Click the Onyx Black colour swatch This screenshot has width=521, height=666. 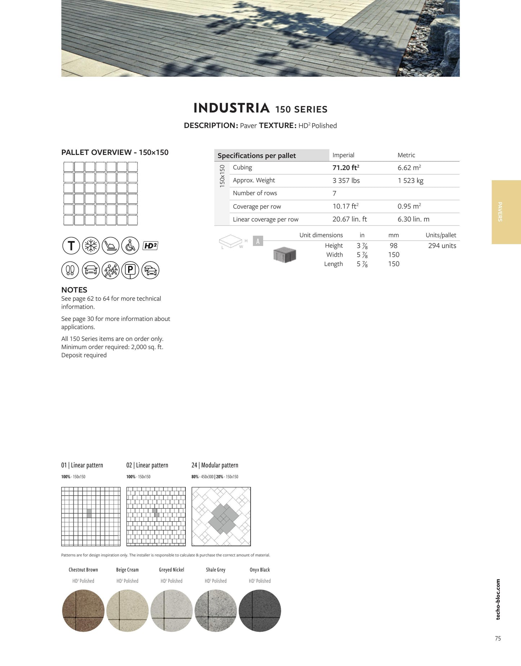click(x=260, y=611)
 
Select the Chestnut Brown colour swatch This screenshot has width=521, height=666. click(x=83, y=611)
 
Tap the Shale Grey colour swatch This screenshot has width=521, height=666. click(x=216, y=611)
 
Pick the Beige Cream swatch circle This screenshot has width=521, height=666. click(x=127, y=611)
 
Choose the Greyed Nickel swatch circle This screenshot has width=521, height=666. click(x=172, y=611)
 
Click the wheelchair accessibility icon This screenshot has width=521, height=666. click(x=130, y=246)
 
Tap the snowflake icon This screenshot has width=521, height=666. click(x=91, y=246)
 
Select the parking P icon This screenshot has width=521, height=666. click(x=130, y=270)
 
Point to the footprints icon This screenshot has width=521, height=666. click(x=70, y=270)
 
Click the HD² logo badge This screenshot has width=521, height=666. click(x=150, y=246)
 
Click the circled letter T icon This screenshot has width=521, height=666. click(x=71, y=246)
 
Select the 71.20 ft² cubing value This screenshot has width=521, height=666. click(x=346, y=168)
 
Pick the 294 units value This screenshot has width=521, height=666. click(x=442, y=246)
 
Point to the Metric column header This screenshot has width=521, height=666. click(x=406, y=155)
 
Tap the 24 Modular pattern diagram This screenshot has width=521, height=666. click(x=221, y=517)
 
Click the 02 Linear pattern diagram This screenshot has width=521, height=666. click(x=156, y=517)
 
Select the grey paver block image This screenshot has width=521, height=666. click(x=284, y=255)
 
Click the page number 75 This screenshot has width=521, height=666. click(x=498, y=638)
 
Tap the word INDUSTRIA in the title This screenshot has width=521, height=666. click(x=231, y=108)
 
